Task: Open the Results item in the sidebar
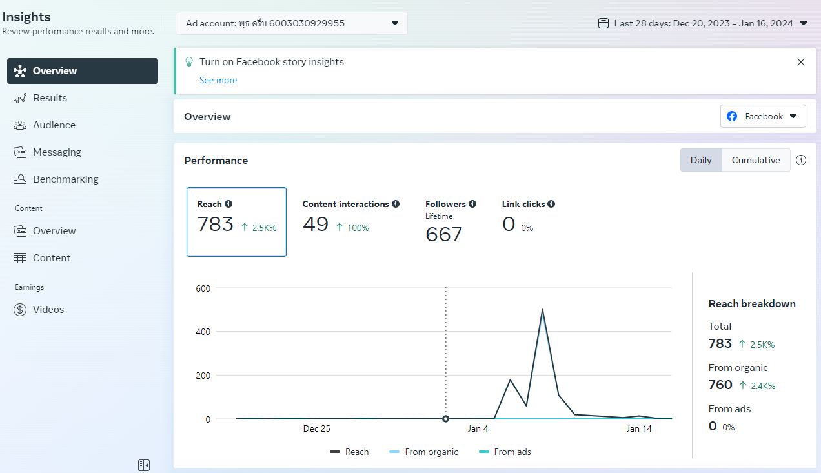tap(40, 98)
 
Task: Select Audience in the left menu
tap(45, 125)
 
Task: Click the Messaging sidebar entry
tap(47, 152)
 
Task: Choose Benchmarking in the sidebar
tap(56, 179)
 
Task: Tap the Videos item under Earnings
tap(39, 310)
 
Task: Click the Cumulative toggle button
tap(756, 160)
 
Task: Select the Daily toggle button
tap(701, 160)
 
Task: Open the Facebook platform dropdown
tap(763, 116)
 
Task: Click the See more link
tap(218, 80)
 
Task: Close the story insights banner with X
tap(801, 62)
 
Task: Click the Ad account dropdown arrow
tap(395, 23)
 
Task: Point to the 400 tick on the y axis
tap(203, 332)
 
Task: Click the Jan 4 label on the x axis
tap(478, 428)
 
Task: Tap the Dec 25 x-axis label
tap(317, 428)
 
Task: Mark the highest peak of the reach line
tap(542, 310)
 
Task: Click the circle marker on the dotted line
tap(446, 419)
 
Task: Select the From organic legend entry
tap(423, 452)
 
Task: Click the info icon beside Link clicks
tap(551, 204)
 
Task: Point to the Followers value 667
tap(443, 234)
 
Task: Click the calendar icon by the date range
tap(603, 23)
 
